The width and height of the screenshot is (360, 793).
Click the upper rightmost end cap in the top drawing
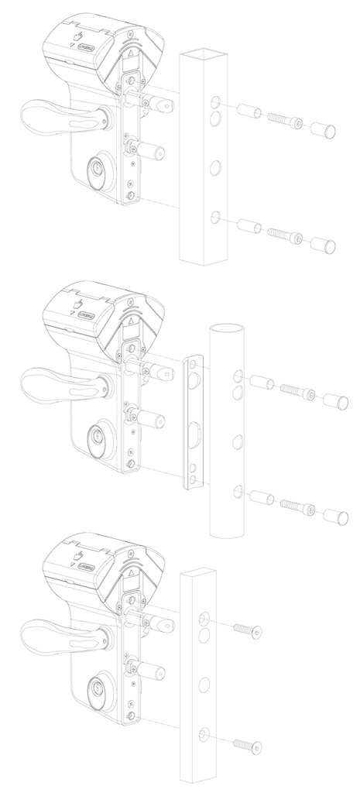tap(324, 129)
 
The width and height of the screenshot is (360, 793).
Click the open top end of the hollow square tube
tap(205, 54)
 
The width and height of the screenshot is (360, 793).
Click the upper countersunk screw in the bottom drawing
tap(246, 632)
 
